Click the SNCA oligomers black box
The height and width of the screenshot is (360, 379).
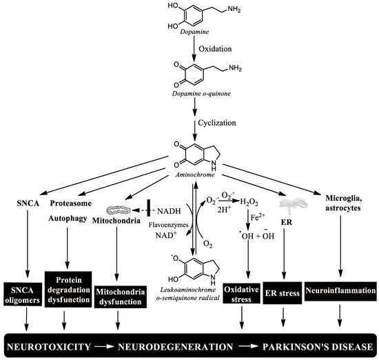25,292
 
